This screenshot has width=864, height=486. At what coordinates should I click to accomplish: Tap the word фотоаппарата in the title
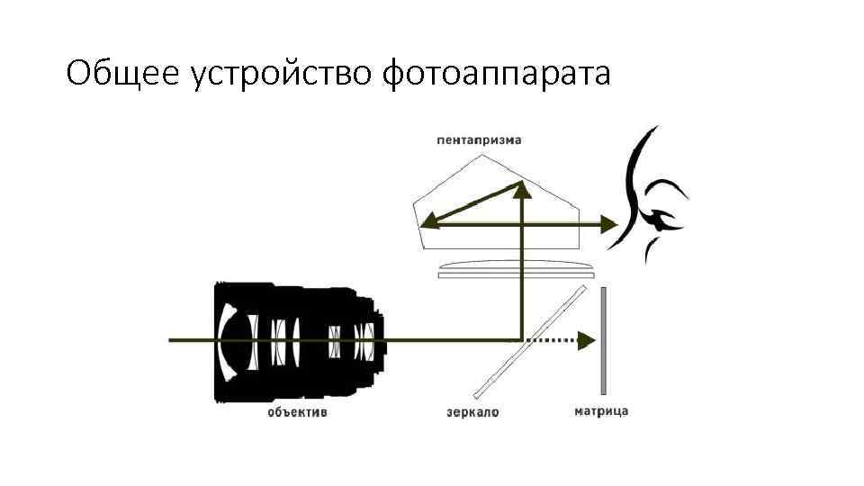point(496,74)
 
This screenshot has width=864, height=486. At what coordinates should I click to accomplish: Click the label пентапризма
point(478,140)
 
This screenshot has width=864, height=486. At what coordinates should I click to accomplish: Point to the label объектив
point(297,413)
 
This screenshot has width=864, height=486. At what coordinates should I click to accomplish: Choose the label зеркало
point(472,413)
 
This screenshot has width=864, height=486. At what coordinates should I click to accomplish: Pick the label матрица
point(600,411)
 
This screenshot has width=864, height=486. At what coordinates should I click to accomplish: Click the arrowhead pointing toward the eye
point(610,222)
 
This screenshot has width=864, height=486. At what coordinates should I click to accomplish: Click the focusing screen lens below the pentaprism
point(516,267)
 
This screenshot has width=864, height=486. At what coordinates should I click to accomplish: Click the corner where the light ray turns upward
point(523,339)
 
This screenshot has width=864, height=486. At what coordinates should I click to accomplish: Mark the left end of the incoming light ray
point(171,340)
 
